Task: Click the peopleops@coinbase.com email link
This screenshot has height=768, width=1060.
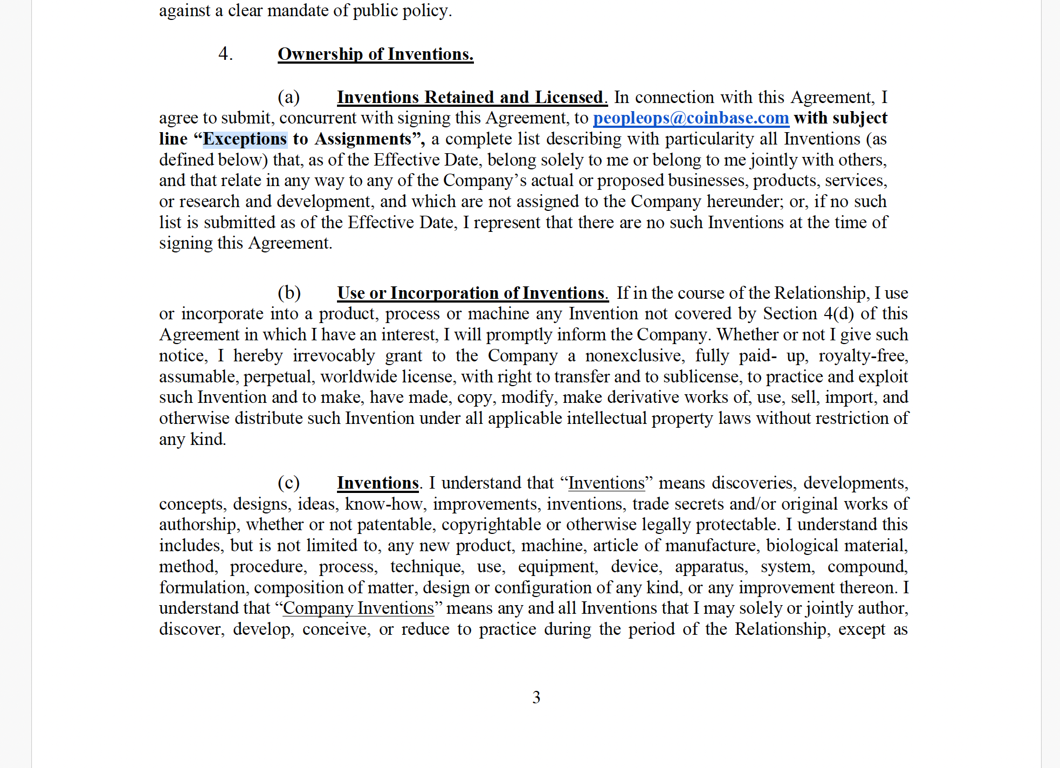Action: click(691, 118)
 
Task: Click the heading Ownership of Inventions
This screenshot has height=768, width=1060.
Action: click(375, 54)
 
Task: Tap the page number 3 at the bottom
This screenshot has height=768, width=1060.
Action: click(536, 697)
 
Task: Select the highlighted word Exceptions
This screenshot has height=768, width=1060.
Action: click(245, 139)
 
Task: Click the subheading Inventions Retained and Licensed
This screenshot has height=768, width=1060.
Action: click(472, 98)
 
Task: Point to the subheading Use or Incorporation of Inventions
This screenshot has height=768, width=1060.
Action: click(472, 293)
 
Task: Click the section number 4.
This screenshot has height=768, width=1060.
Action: click(225, 54)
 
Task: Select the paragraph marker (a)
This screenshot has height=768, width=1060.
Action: click(288, 98)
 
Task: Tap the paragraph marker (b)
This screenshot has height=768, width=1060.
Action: click(289, 293)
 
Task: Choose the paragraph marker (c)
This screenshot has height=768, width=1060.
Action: click(288, 483)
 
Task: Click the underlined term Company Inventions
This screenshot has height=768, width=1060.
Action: click(358, 608)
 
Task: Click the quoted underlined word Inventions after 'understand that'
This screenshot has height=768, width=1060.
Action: click(606, 483)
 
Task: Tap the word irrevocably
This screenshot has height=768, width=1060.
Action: click(334, 356)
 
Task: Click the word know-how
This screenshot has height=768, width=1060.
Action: click(383, 504)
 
